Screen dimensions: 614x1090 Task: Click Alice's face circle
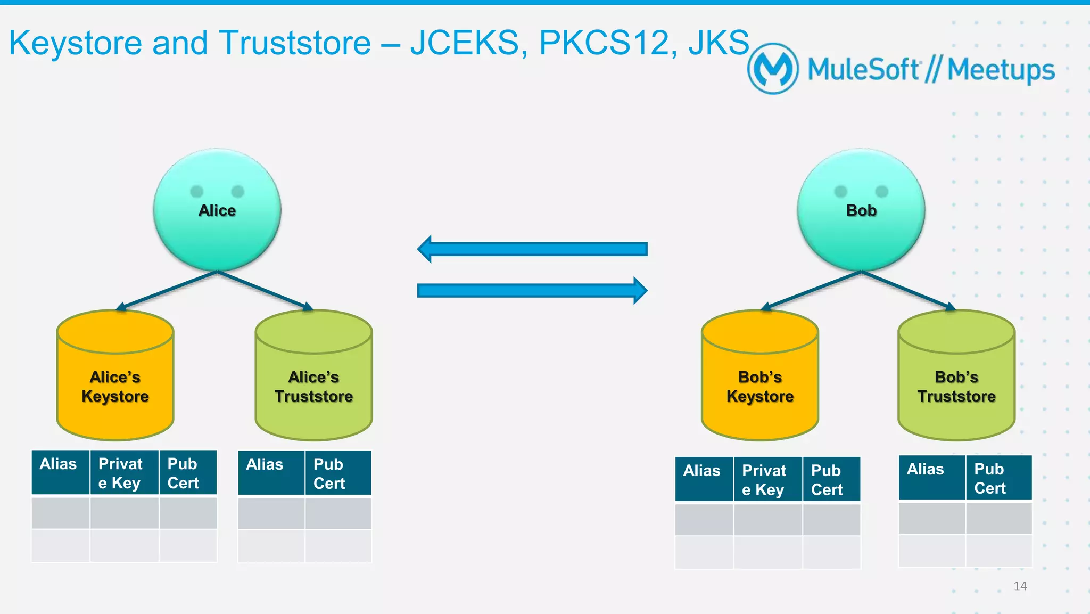pos(217,229)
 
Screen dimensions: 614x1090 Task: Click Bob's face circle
pos(861,229)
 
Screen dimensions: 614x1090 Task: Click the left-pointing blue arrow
pos(532,249)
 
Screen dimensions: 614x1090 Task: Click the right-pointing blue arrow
pos(532,290)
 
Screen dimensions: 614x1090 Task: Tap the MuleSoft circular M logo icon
pos(773,69)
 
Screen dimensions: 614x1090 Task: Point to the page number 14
pos(1020,586)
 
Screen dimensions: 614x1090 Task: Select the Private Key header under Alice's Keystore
pos(124,473)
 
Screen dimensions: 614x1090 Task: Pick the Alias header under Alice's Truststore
pos(271,473)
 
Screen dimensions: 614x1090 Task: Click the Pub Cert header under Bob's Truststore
pos(998,478)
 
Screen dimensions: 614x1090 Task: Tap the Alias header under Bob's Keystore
pos(704,479)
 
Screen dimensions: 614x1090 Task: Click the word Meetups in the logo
pos(1001,70)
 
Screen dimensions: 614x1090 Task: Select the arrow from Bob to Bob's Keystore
pos(811,291)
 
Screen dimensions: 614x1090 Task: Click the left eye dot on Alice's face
pos(197,191)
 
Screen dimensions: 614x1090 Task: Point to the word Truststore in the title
pos(295,43)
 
